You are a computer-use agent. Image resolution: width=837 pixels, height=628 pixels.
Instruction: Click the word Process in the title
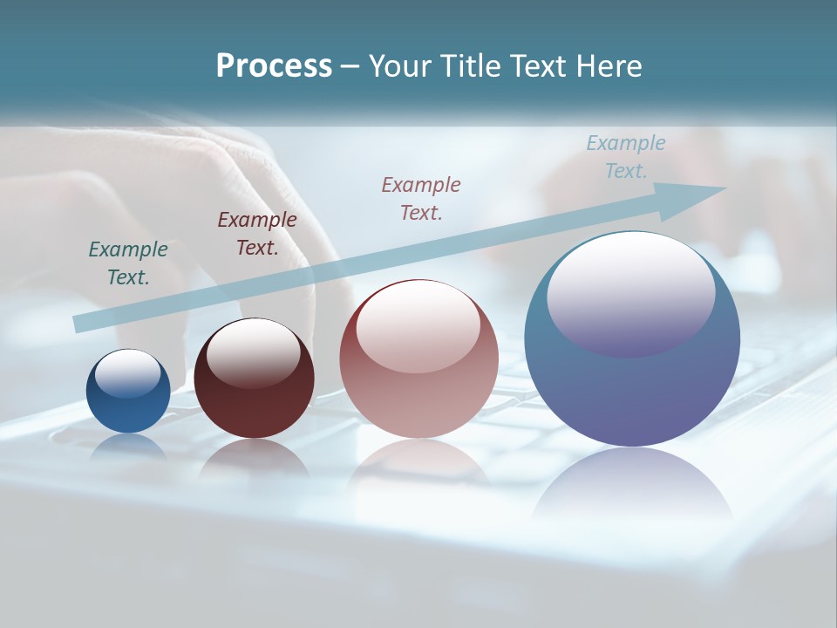tap(274, 66)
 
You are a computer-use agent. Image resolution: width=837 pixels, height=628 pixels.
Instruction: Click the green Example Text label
tap(128, 263)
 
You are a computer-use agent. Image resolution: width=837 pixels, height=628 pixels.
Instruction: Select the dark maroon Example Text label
tap(257, 234)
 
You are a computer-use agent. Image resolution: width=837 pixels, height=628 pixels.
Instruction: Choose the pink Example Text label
tap(421, 198)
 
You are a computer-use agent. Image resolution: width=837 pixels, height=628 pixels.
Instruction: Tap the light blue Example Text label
tap(626, 157)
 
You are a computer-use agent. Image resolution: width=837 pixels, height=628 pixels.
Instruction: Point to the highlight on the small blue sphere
tap(128, 373)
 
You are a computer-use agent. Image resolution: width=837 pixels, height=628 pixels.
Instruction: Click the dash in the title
tap(350, 66)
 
